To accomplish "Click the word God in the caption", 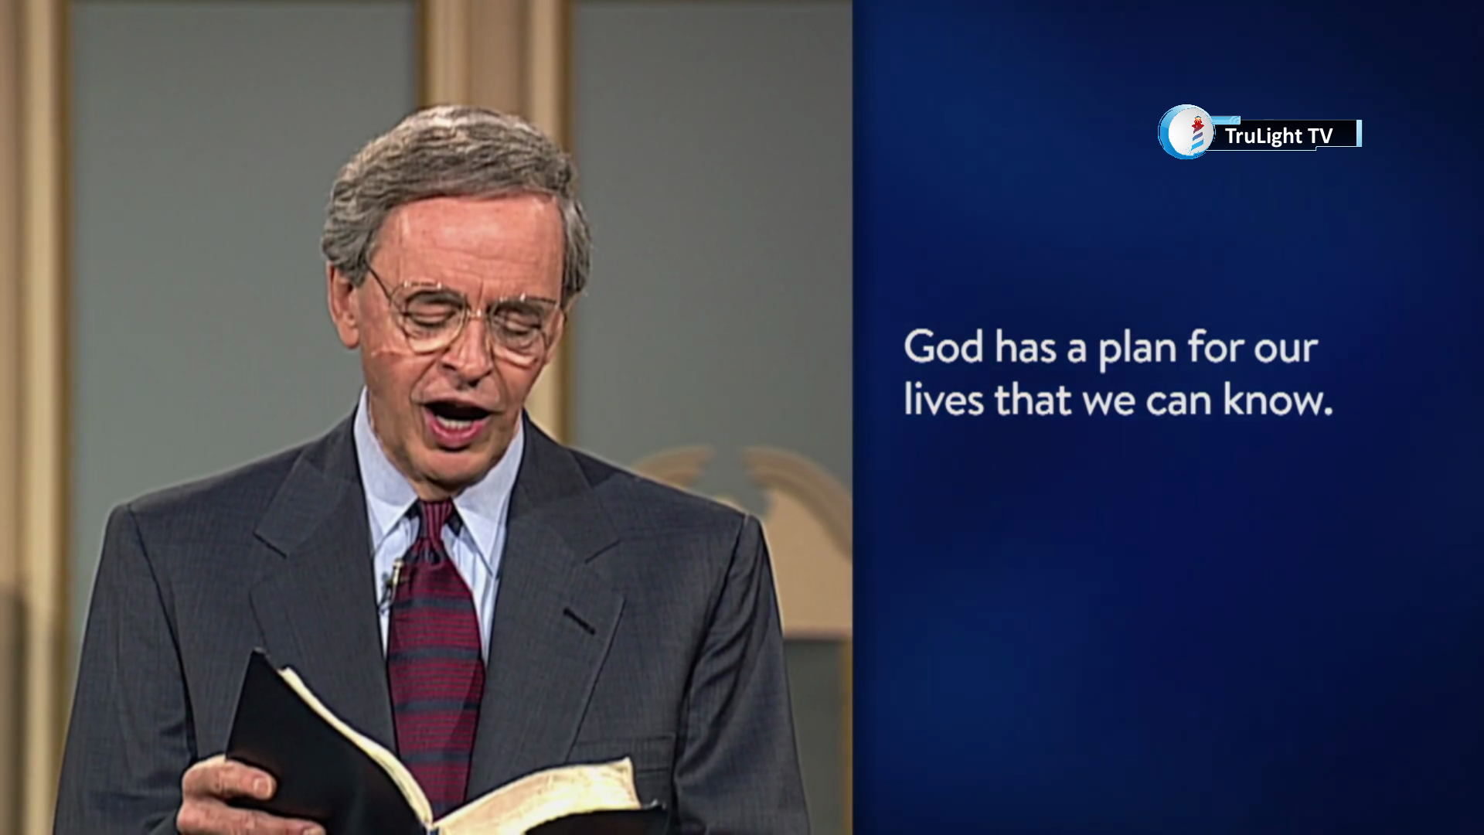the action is [x=943, y=347].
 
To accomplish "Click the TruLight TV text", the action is [x=1278, y=136].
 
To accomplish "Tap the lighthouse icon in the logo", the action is [x=1197, y=133].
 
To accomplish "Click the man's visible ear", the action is [x=345, y=305].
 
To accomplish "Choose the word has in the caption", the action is [x=1025, y=347].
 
